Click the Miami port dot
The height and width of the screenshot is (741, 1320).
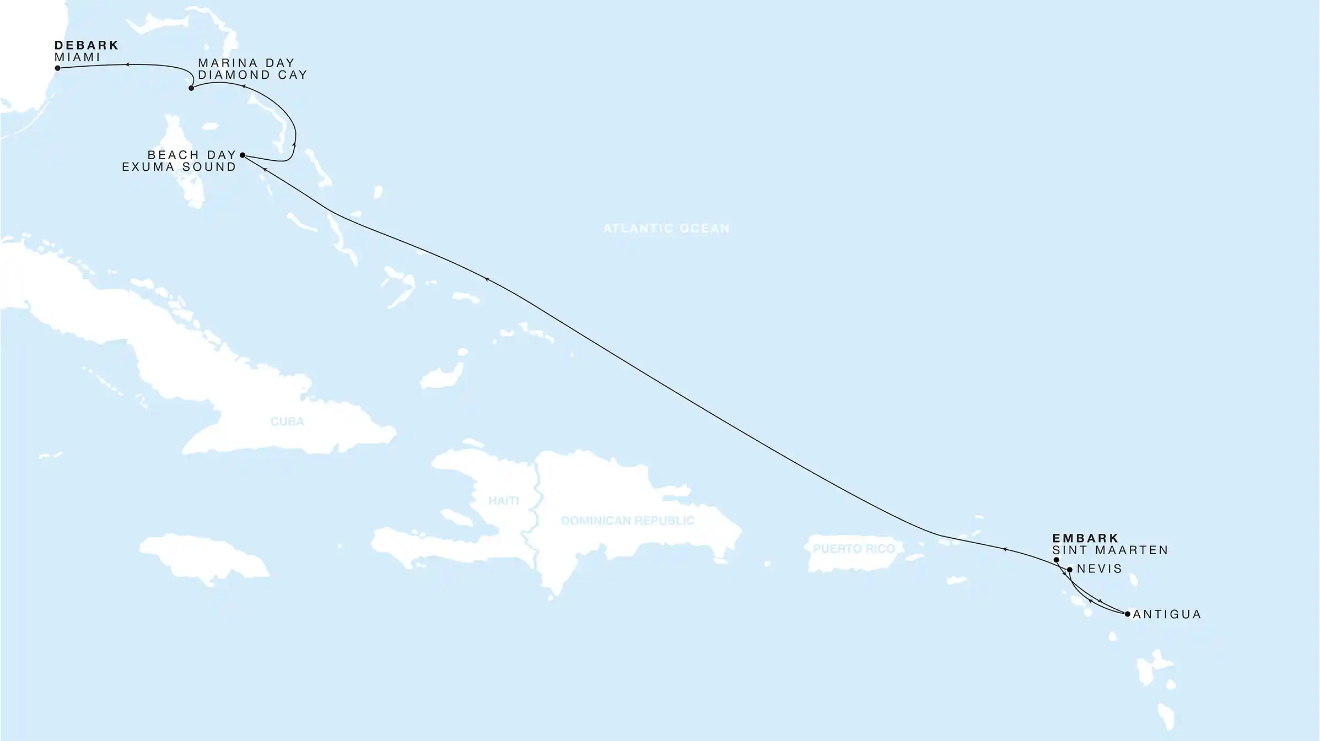tap(57, 68)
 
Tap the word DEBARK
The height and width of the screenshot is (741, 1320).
tap(87, 45)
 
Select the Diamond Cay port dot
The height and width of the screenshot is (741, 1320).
tap(191, 88)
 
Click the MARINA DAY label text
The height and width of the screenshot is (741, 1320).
tap(246, 63)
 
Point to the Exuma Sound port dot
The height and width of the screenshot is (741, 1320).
tap(243, 155)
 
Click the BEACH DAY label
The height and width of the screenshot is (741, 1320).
tap(192, 155)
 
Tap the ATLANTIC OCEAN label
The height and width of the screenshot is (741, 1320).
tap(666, 228)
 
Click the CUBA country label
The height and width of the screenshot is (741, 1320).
tap(287, 421)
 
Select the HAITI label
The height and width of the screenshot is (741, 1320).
tap(504, 501)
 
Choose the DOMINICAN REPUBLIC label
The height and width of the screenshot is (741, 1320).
tap(628, 521)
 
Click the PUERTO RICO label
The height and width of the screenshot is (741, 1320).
tap(854, 549)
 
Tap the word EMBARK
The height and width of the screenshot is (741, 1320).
tap(1085, 538)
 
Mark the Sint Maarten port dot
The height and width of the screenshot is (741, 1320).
tap(1056, 560)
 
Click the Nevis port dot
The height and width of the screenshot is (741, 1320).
tap(1070, 570)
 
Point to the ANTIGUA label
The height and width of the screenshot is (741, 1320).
tap(1167, 614)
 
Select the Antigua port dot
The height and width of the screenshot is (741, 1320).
tap(1128, 614)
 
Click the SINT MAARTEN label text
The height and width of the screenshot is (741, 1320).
tap(1110, 550)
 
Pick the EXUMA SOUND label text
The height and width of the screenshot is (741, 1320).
tap(179, 167)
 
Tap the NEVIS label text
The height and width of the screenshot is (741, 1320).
tap(1100, 569)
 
